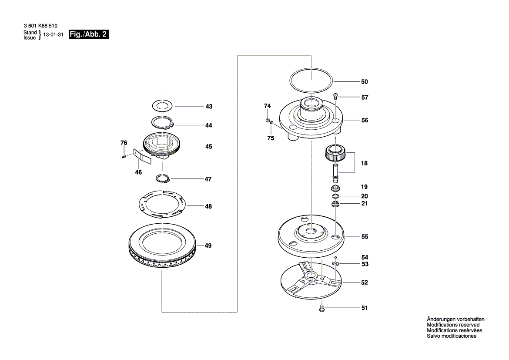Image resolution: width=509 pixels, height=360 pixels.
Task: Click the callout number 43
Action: tap(209, 106)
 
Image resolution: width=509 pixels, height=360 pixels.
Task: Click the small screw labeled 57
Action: tap(336, 96)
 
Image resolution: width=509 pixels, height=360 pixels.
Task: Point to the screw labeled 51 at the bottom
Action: tap(321, 308)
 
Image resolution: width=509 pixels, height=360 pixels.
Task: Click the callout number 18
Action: tap(364, 163)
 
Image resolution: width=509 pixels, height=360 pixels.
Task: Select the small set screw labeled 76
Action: tap(124, 157)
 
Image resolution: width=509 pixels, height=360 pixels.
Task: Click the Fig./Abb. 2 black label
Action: tap(89, 34)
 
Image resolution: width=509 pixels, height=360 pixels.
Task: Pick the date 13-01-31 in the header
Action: tap(53, 35)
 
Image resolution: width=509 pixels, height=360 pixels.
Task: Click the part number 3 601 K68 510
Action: tap(40, 26)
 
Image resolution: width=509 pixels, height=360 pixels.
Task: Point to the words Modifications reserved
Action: tap(453, 325)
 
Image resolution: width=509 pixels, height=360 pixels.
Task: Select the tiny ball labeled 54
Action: tap(336, 257)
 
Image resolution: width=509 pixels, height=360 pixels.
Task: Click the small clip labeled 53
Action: tap(336, 263)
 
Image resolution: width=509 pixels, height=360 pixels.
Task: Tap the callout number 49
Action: tap(208, 246)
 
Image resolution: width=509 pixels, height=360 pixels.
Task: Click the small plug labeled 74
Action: tap(268, 121)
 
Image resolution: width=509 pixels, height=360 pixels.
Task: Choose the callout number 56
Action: tap(365, 120)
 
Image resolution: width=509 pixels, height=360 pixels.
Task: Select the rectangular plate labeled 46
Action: tap(143, 157)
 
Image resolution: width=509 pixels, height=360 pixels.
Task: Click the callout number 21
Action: tap(365, 203)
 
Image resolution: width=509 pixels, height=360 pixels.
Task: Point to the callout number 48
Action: tap(208, 206)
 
